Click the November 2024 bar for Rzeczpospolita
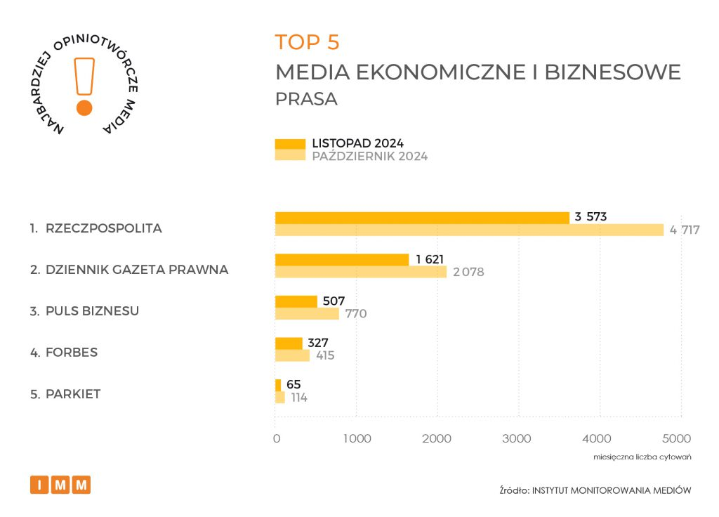pos(421,218)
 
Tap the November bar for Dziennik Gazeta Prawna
pos(341,260)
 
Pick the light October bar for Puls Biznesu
pos(307,313)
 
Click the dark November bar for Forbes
pos(289,343)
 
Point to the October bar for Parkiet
pos(280,398)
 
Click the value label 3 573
pos(591,217)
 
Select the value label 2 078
pos(468,272)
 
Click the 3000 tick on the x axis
pos(518,439)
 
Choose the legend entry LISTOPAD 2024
pos(357,143)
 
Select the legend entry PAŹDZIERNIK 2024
pos(369,156)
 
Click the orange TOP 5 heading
pos(307,42)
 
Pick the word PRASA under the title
pos(306,99)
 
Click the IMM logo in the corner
pos(60,485)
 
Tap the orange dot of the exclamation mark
pos(84,107)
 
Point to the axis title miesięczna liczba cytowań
pos(642,457)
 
